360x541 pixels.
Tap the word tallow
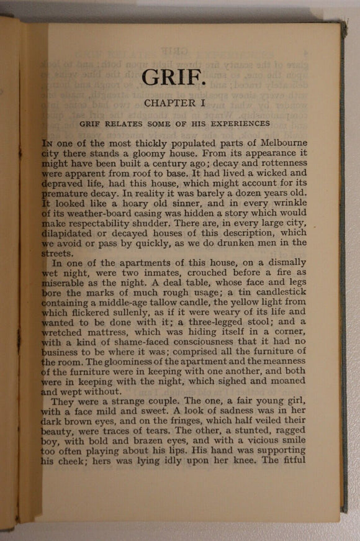click(180, 302)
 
